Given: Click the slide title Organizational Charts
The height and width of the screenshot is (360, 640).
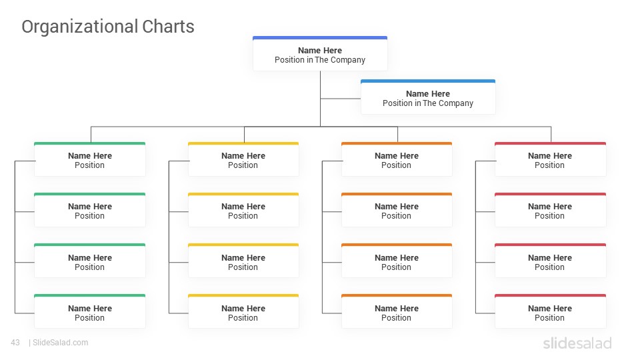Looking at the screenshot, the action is point(108,27).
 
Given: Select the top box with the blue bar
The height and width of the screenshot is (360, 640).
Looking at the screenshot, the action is point(320,53).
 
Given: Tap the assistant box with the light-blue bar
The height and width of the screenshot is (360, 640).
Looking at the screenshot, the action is point(428,97).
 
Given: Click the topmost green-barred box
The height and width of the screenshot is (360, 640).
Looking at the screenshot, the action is point(90,159).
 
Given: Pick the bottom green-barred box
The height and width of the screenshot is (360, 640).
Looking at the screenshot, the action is point(90,311).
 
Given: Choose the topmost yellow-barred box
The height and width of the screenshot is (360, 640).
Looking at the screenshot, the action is point(243,159).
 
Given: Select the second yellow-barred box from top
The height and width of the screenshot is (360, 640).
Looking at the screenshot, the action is point(243,210).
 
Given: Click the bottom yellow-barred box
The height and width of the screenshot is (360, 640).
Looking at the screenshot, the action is point(243,311).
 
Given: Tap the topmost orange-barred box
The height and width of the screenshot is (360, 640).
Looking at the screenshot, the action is point(397,159).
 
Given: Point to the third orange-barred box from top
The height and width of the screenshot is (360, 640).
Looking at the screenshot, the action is point(397,261).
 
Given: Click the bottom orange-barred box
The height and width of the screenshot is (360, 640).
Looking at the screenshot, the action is point(397,311).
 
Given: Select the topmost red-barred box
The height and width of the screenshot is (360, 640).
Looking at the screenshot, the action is point(550,159).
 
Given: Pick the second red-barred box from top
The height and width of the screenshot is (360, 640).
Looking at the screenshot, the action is point(550,210).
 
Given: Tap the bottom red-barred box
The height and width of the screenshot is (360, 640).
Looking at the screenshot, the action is point(550,311).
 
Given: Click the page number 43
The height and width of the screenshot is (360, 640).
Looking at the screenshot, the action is point(15,343).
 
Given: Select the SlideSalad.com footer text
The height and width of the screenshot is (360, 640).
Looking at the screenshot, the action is point(61,343).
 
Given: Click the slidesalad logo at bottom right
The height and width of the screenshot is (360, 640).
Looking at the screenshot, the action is point(577,343).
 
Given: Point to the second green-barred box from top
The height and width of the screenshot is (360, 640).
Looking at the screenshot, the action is point(90,210).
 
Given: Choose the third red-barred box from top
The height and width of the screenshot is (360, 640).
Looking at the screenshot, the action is point(550,261).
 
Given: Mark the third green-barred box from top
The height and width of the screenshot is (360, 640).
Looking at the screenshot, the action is point(90,261).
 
